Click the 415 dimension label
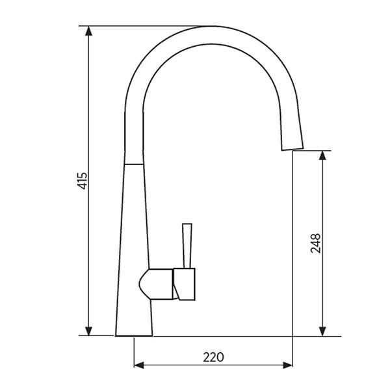pyautogui.click(x=82, y=181)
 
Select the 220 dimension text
pyautogui.click(x=213, y=357)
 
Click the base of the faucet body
pyautogui.click(x=134, y=333)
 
